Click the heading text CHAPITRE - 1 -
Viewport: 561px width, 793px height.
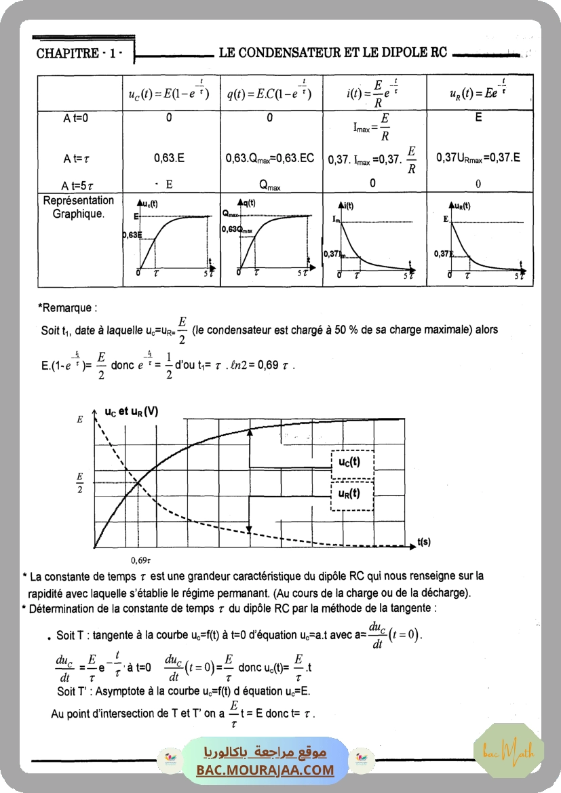[79, 54]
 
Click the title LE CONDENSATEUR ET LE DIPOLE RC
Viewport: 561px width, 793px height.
[333, 52]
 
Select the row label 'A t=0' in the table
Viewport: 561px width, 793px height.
[76, 118]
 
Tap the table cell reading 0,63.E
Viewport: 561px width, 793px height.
[169, 158]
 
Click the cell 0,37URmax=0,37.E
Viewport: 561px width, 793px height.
[478, 158]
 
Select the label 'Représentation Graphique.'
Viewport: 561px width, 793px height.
[79, 207]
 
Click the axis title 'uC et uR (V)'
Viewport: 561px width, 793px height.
[132, 411]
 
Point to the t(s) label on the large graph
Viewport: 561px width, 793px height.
[425, 541]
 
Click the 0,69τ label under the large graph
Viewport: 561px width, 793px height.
[140, 561]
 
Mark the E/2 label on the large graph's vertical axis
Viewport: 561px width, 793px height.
[80, 482]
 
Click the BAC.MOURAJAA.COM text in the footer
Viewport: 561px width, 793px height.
[266, 770]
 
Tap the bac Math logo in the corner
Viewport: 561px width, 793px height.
[509, 750]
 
